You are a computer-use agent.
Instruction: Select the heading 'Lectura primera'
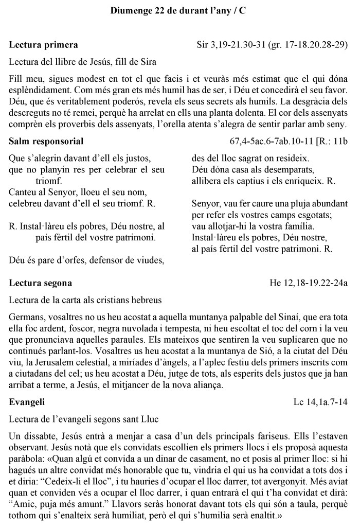tap(44, 45)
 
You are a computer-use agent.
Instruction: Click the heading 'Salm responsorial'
tap(46, 141)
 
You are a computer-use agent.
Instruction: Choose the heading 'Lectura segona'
tap(41, 283)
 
